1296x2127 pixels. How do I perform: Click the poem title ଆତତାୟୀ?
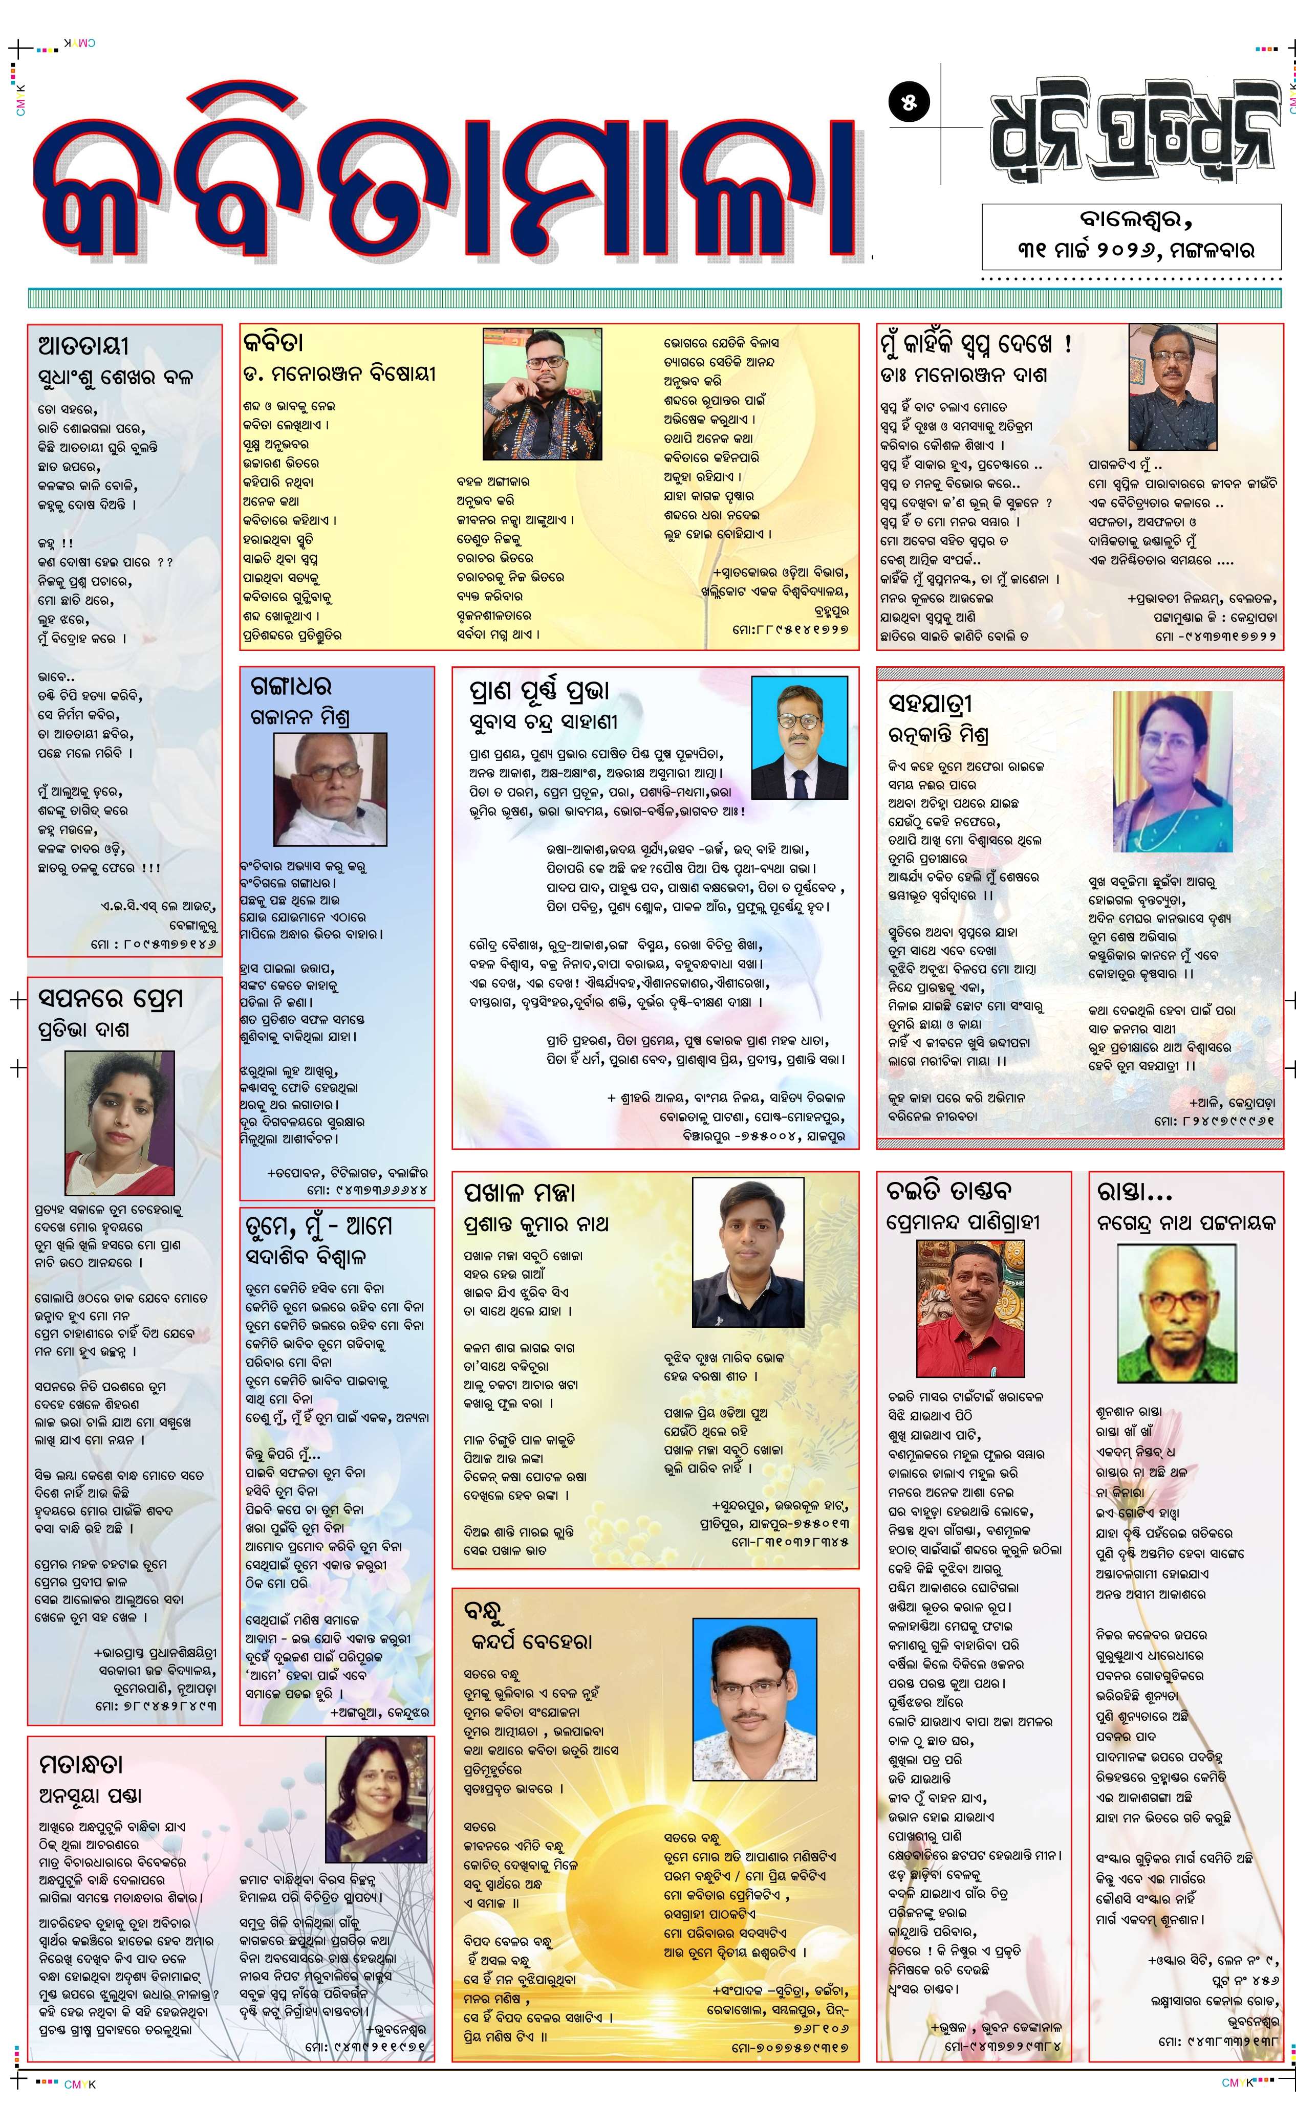click(x=84, y=346)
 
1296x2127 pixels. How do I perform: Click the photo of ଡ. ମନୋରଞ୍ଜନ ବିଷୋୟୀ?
click(x=542, y=393)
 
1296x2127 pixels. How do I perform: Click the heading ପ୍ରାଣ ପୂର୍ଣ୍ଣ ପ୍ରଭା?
click(x=539, y=691)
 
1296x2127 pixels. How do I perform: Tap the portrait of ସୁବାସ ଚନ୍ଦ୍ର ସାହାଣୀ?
click(x=800, y=737)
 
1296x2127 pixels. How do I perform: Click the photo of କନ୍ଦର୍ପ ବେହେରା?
click(x=754, y=1687)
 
